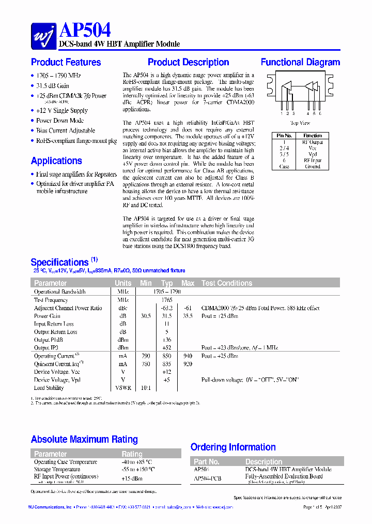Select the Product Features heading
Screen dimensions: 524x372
click(x=66, y=62)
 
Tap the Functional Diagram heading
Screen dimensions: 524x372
click(x=300, y=62)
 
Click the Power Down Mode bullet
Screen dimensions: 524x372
click(x=59, y=121)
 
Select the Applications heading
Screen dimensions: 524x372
click(x=56, y=161)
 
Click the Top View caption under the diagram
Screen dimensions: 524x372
click(x=300, y=123)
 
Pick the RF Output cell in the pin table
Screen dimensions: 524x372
click(x=313, y=142)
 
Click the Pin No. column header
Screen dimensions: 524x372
click(x=285, y=136)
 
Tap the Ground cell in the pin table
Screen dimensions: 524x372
click(x=313, y=167)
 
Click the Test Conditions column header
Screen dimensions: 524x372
click(x=227, y=283)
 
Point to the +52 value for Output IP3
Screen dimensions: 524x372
click(x=167, y=347)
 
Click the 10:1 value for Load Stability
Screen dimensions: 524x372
click(x=146, y=388)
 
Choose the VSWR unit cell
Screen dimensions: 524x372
click(x=123, y=388)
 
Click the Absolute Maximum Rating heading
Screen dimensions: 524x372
click(x=84, y=440)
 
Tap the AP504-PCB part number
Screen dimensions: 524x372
click(x=207, y=479)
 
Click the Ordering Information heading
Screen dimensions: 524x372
click(x=233, y=447)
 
